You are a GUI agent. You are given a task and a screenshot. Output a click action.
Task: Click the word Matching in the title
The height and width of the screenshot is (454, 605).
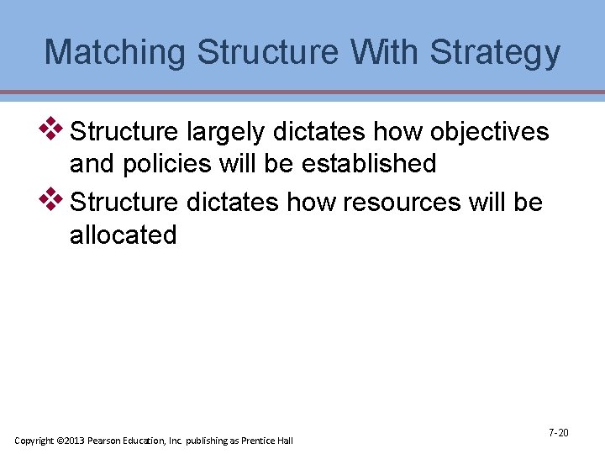click(115, 52)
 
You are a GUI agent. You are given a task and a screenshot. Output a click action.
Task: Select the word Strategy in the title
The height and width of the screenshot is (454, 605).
click(495, 52)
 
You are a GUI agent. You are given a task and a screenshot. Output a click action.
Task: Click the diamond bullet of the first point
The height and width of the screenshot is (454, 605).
click(53, 129)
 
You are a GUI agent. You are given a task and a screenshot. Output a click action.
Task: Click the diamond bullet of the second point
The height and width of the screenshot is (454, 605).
click(53, 199)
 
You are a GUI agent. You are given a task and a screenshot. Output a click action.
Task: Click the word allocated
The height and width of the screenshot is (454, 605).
click(124, 235)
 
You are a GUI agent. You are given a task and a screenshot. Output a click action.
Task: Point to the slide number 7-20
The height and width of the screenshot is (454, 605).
click(558, 432)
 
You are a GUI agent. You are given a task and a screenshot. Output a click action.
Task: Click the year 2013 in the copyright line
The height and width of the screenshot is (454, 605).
click(75, 441)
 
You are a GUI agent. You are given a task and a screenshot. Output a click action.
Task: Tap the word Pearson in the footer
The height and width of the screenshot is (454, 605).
click(105, 441)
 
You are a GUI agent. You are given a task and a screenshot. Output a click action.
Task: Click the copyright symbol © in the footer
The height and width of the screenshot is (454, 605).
click(60, 441)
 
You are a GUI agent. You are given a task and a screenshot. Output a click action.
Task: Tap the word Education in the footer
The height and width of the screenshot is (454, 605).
click(145, 441)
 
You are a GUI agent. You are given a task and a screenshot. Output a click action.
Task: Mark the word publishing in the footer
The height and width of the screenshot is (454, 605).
click(208, 441)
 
